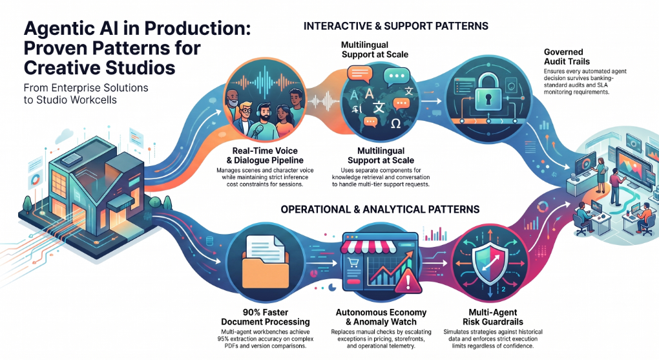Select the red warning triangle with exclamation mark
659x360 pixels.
point(408,281)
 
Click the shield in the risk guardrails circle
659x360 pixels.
point(490,265)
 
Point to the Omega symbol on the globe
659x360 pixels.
point(395,123)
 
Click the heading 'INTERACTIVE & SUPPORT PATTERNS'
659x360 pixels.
point(395,26)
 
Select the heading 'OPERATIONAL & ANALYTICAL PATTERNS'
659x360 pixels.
point(380,209)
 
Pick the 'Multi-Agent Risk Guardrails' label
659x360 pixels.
point(492,317)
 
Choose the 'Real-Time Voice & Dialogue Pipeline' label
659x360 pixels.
point(265,155)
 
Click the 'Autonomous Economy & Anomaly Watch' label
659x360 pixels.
point(381,317)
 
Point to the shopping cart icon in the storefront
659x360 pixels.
point(353,263)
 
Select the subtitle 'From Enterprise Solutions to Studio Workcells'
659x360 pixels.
point(86,94)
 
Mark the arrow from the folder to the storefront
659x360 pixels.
point(321,263)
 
